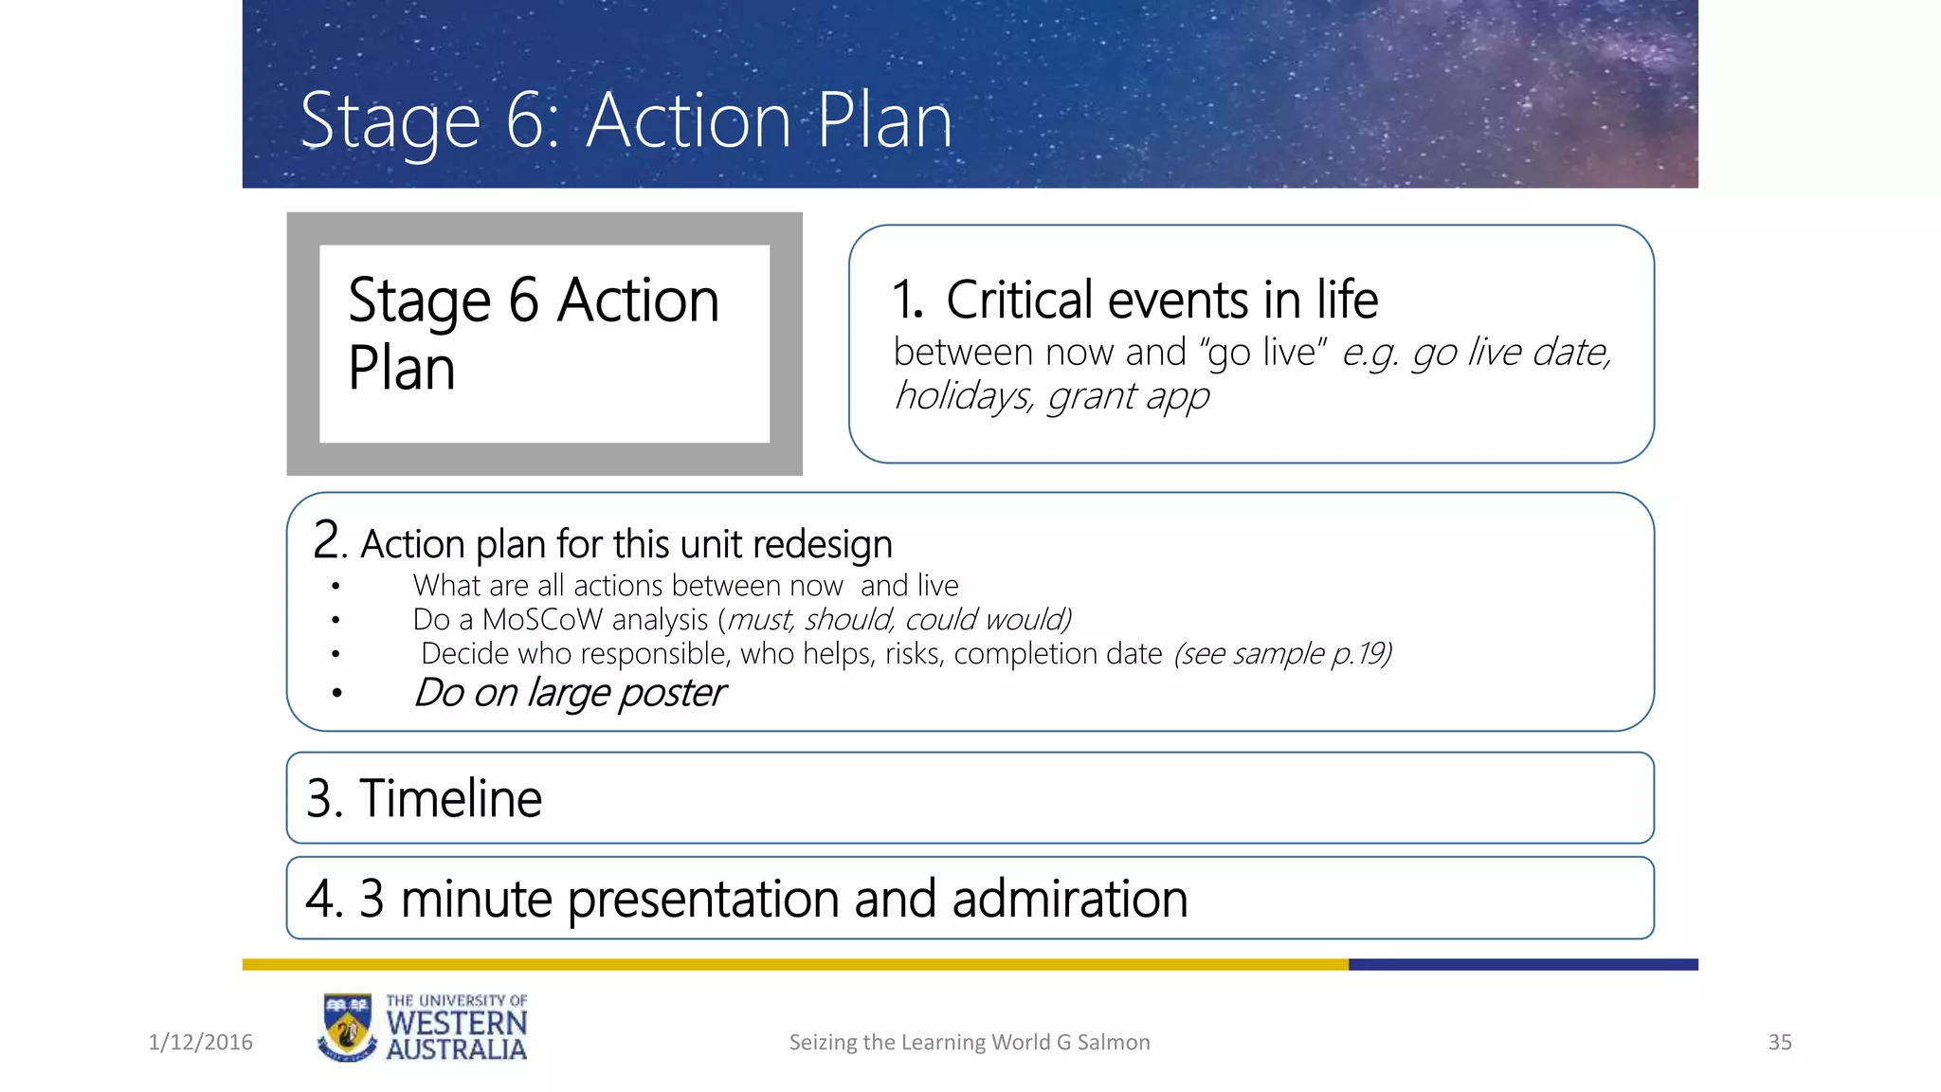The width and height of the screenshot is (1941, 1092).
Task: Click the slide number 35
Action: pos(1779,1042)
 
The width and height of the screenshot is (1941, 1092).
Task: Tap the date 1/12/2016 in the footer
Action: pos(200,1042)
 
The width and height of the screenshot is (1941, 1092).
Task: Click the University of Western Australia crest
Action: pos(347,1028)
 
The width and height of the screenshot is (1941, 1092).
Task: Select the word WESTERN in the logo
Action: pos(456,1024)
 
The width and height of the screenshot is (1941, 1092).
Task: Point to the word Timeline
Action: pos(450,798)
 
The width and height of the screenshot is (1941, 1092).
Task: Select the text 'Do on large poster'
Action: pos(569,693)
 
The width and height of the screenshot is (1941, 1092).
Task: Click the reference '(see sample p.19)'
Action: pos(1282,653)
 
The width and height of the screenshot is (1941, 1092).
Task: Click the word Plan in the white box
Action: pos(402,369)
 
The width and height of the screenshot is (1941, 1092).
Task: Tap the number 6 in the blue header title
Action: pos(523,121)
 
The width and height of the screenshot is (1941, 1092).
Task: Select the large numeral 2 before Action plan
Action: pos(326,540)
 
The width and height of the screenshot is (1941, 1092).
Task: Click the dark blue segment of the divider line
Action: pos(1522,964)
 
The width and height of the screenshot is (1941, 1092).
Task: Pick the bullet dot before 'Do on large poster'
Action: pos(336,694)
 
